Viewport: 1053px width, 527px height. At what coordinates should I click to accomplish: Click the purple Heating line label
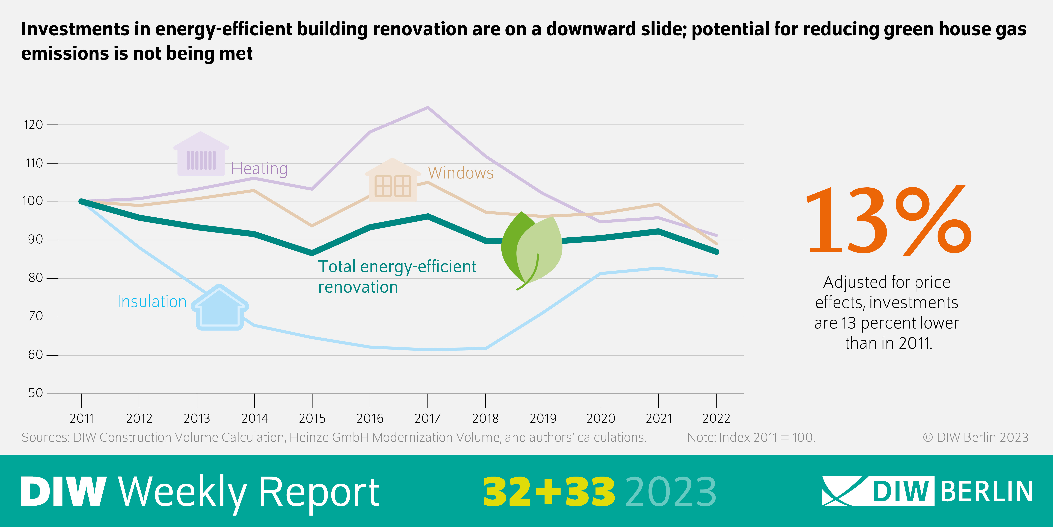coord(259,169)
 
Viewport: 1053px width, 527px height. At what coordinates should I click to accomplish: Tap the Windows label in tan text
coord(461,173)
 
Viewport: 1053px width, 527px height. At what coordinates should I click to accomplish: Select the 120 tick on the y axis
coord(33,124)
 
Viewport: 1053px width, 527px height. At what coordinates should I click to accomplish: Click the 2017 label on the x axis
coord(428,418)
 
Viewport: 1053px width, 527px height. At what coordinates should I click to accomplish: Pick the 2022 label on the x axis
coord(716,418)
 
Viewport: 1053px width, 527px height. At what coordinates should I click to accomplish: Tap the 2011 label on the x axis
coord(82,418)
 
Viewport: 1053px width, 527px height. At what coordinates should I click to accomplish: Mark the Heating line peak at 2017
coord(428,108)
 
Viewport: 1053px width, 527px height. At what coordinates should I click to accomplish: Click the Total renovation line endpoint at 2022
coord(716,252)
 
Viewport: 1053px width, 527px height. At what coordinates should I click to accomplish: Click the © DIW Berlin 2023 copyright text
coord(975,437)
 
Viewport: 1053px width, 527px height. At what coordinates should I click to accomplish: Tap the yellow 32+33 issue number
coord(549,492)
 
